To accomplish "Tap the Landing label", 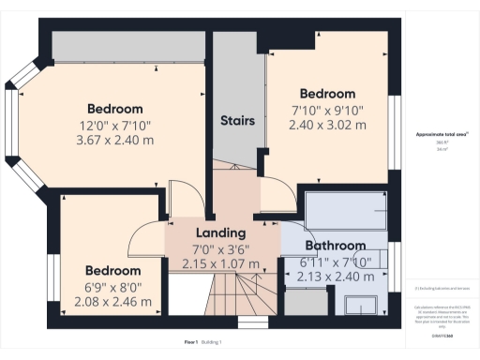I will coord(220,232).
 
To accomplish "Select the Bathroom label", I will coord(335,246).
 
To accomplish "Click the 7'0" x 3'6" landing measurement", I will coord(220,249).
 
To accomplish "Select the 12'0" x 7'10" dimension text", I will coord(114,125).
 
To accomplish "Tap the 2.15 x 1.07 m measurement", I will coord(220,265).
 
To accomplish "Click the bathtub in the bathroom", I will coord(347,214).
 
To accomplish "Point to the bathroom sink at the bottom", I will coord(358,304).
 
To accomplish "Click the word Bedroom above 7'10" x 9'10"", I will coord(327,94).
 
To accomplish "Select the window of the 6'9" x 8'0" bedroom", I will coord(53,281).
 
